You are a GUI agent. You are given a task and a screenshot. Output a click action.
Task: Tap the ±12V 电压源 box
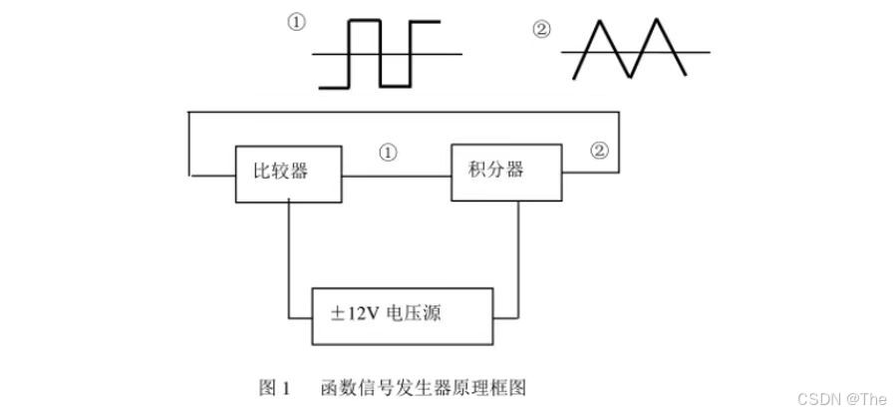[403, 314]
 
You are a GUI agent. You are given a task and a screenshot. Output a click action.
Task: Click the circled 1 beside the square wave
[297, 23]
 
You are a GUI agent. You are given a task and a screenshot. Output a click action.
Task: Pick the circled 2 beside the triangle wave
[542, 30]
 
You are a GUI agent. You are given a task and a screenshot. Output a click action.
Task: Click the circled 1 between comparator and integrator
[389, 153]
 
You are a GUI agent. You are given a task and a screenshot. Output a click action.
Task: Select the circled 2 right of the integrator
[598, 151]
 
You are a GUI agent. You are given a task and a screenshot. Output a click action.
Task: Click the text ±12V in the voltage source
[355, 314]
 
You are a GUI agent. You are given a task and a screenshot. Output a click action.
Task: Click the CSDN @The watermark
[842, 398]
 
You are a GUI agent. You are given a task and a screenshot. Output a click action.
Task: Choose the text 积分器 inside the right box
[496, 169]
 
